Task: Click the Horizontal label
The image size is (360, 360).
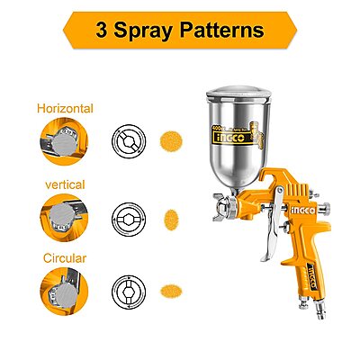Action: pos(65,109)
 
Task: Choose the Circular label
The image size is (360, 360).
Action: pos(65,257)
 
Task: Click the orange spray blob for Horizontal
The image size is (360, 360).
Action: pos(168,141)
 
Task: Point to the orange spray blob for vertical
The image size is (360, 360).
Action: pos(168,217)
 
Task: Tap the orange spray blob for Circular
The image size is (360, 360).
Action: pos(168,292)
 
